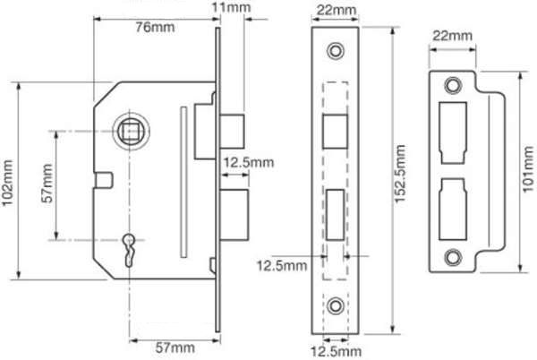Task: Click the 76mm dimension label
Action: (x=155, y=28)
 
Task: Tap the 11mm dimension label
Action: (x=231, y=7)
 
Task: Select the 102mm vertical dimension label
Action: (x=7, y=183)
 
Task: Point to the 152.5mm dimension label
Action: (x=400, y=174)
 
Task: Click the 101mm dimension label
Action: (x=528, y=169)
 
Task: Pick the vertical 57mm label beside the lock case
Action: (x=47, y=184)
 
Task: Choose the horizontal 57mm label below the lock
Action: (x=175, y=348)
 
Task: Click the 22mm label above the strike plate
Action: (x=452, y=35)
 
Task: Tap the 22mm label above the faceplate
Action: (x=337, y=10)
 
